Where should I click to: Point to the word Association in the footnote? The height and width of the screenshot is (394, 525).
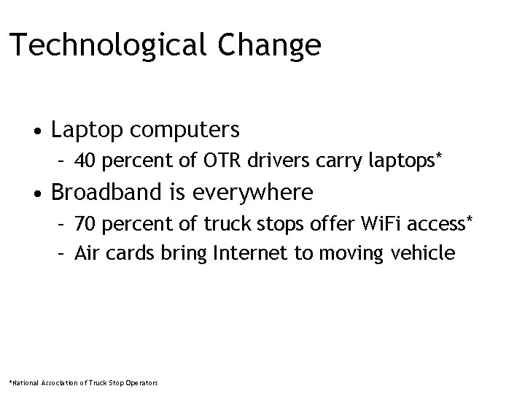tap(55, 382)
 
